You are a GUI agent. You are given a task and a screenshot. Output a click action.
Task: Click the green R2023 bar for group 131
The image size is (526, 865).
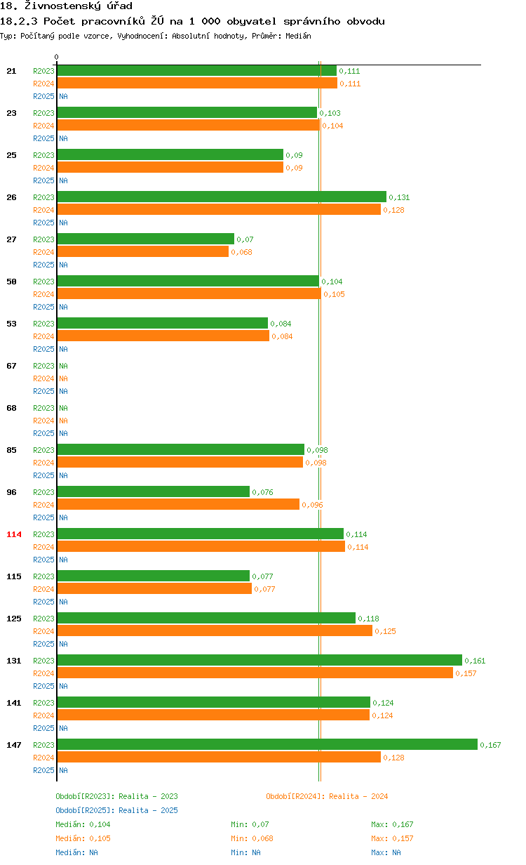pos(259,660)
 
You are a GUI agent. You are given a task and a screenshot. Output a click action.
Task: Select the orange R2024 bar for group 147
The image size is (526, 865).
pos(219,757)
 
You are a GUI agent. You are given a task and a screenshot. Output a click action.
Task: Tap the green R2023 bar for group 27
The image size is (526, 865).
pos(145,239)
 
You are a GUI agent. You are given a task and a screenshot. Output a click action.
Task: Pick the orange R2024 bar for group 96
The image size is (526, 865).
pos(178,504)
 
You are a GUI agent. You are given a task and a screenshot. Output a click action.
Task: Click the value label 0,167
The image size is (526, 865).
pos(490,745)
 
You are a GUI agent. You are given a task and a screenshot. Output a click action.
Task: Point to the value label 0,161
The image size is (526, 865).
pos(475,661)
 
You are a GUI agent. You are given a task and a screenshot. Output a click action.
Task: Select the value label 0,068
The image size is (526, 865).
pos(241,252)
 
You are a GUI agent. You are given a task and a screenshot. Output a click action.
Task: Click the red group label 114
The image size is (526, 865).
pos(14,534)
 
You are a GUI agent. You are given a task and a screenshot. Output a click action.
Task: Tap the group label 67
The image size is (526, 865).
pos(11,366)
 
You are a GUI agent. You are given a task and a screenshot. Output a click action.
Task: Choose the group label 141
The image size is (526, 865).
pos(14,703)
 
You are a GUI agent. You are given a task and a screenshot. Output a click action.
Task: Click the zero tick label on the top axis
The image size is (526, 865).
pos(57,58)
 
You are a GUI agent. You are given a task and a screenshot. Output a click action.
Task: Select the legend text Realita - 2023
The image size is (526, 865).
pos(148,796)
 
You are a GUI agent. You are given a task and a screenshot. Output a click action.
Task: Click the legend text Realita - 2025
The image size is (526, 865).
pos(148,810)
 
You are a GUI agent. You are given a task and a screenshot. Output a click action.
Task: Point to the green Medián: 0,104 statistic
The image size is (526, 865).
pos(83,824)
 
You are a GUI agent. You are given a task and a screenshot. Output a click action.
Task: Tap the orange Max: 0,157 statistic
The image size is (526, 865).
pos(392,838)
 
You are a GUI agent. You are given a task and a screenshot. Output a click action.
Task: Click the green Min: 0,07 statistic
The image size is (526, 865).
pos(250,824)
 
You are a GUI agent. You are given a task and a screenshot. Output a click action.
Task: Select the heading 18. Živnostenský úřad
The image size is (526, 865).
pos(67,6)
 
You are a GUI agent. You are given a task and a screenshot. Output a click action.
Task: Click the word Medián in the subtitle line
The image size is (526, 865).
pos(299,36)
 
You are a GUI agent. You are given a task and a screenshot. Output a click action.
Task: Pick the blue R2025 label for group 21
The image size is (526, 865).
pos(43,96)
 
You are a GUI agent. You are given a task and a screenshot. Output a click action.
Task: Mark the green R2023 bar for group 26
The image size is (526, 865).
pos(222,197)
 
